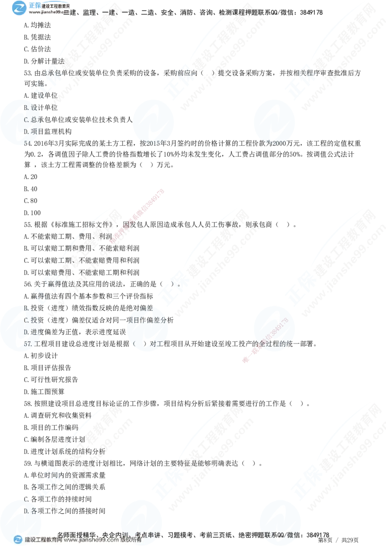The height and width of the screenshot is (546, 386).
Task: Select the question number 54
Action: [x=27, y=143]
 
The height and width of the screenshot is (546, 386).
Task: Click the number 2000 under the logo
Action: [x=278, y=143]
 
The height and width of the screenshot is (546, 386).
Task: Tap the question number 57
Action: [x=28, y=344]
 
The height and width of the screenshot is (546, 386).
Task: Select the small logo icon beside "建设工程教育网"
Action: [x=18, y=540]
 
